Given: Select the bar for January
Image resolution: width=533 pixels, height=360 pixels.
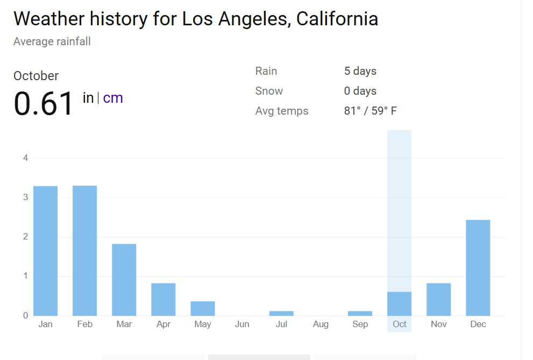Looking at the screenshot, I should (45, 251).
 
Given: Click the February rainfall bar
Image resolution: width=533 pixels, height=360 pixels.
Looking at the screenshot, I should (84, 251).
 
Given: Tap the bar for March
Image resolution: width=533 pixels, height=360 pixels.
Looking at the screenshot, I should (124, 280).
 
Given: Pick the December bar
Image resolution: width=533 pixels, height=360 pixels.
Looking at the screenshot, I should (478, 267).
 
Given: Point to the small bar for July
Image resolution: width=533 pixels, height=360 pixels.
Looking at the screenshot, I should (281, 313).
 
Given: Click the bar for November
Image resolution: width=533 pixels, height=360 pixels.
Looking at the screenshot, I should (438, 299).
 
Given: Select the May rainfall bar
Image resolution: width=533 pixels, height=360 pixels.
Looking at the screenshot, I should (203, 308).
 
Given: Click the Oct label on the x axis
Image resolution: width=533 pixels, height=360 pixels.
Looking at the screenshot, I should (400, 324).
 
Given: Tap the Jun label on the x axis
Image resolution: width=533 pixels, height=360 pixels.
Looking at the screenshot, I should (242, 324).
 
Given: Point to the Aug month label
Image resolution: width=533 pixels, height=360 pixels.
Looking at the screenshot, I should (321, 324).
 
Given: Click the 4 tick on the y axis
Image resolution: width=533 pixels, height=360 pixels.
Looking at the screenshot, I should (25, 158).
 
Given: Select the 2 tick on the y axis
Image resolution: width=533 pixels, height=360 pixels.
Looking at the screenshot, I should (25, 237).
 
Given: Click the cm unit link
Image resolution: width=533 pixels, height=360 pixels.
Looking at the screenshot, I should (113, 98).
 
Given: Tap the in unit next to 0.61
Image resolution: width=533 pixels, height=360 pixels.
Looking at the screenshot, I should (88, 98).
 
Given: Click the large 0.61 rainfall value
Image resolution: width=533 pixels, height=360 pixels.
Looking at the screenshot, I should (44, 103).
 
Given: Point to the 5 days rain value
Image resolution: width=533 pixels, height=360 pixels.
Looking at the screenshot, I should (360, 71).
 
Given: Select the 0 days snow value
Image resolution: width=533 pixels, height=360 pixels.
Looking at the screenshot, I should (360, 91).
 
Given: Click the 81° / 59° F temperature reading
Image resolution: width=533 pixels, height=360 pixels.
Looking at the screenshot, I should (370, 111).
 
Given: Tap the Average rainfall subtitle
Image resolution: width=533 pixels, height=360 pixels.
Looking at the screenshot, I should (52, 41).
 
